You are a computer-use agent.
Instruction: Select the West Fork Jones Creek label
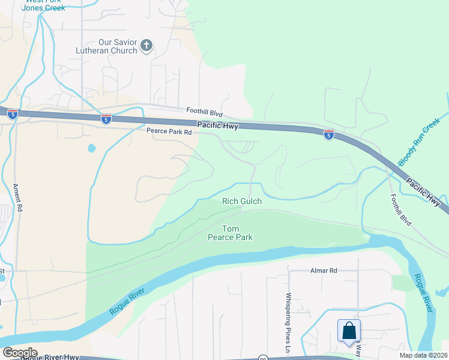coord(43,4)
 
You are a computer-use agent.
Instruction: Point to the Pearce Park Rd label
coord(169,131)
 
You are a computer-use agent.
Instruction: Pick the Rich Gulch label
coord(242,202)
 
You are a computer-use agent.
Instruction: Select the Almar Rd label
coord(324,271)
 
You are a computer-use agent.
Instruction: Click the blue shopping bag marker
coord(349,331)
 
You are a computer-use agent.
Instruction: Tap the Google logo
coord(19,353)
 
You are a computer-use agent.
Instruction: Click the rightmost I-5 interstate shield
coord(328,134)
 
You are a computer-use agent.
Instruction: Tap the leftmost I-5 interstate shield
coord(13,113)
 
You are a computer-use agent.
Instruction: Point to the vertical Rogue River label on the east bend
coord(422,293)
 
